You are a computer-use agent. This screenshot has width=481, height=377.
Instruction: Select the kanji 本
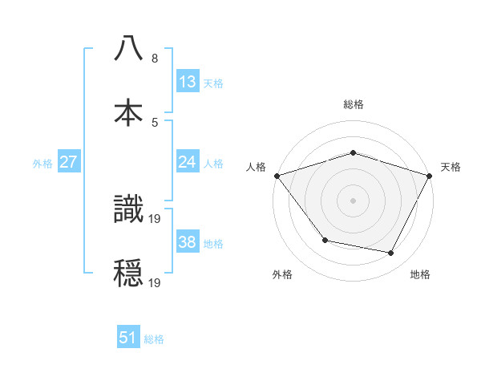click(x=129, y=111)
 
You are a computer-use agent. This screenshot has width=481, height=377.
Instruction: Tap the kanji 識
click(x=129, y=209)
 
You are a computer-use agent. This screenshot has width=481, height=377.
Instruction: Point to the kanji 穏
click(x=129, y=273)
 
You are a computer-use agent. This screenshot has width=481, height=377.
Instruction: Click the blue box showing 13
click(x=188, y=82)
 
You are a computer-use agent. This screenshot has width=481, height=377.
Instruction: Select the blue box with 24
click(x=188, y=162)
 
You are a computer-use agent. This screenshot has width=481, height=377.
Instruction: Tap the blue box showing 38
click(x=188, y=242)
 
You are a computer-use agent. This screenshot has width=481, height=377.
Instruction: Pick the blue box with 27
click(x=69, y=162)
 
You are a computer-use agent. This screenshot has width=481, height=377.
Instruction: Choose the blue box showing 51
click(x=128, y=338)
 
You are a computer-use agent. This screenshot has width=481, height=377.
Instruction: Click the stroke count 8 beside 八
click(x=155, y=59)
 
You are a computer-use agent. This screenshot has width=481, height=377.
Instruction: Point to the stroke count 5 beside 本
click(x=155, y=122)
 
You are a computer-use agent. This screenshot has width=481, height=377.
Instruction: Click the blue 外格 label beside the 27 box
click(x=42, y=163)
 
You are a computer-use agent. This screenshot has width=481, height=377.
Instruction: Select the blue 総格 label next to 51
click(x=154, y=339)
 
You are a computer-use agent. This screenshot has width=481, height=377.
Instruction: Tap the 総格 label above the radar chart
click(x=353, y=104)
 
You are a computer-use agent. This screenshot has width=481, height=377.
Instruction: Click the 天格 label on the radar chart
click(x=451, y=167)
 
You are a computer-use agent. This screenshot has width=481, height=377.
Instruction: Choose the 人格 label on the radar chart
click(x=256, y=167)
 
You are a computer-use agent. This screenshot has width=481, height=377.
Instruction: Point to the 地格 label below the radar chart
click(x=420, y=274)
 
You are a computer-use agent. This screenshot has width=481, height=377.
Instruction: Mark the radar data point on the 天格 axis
click(x=430, y=175)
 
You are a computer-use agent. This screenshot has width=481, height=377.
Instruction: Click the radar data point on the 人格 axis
click(x=277, y=176)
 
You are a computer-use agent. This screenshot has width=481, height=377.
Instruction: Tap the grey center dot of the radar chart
click(x=353, y=200)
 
